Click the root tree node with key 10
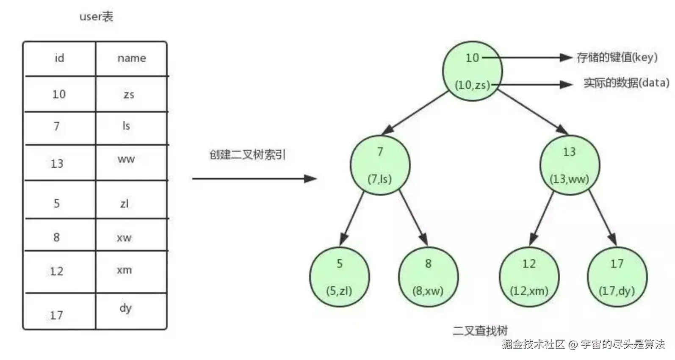pos(472,71)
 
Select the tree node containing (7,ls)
pos(380,165)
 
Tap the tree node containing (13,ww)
pos(569,165)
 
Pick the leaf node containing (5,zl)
pos(339,277)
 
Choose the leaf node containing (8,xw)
pos(428,277)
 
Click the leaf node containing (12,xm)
pos(529,277)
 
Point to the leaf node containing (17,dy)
pos(617,277)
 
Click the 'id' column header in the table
pos(59,58)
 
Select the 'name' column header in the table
pos(131,58)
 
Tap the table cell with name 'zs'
pos(129,94)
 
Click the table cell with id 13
pos(57,163)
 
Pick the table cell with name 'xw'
pos(124,237)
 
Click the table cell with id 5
pos(57,203)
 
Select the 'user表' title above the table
pos(96,17)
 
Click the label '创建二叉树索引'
pos(247,155)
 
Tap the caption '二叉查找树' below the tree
pos(480,331)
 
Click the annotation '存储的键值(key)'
pos(617,57)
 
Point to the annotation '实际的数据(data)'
pos(626,83)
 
